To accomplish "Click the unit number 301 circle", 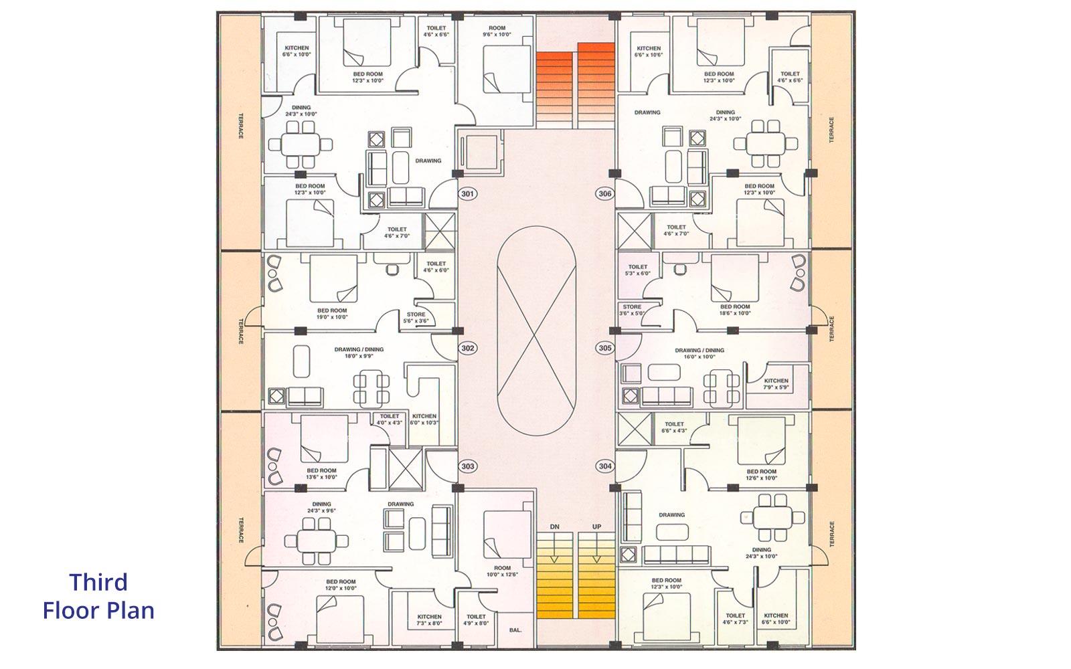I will point(468,194).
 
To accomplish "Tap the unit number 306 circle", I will point(604,194).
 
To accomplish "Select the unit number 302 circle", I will point(468,348).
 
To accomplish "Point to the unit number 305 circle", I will point(604,348).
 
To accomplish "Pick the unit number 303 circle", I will point(468,466).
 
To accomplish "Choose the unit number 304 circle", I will point(604,466).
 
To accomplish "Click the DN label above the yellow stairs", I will point(554,527).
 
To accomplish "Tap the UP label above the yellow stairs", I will point(596,527).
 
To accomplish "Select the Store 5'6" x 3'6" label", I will point(416,318).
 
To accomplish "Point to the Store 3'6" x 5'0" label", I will point(631,310).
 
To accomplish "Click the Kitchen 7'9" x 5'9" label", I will point(776,384).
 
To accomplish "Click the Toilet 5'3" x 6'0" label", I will point(639,270).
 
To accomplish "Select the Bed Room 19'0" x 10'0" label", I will point(332,314).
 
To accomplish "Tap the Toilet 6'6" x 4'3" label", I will point(674,427).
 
